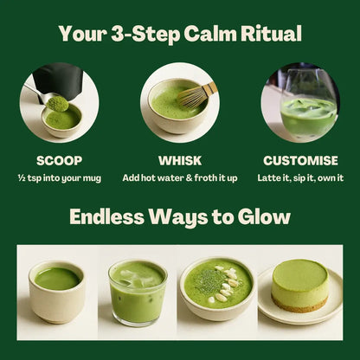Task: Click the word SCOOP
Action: coord(60,160)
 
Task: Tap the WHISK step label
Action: coord(179,160)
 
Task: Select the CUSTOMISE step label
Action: coord(300,160)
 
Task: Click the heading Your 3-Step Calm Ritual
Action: coord(180,35)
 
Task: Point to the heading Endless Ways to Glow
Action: coord(180,216)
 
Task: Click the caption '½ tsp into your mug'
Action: coord(60,177)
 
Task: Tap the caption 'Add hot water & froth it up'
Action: coord(179,177)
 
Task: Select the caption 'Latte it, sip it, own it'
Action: coord(300,177)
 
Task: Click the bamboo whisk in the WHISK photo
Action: coord(197,94)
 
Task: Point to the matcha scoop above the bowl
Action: coord(58,103)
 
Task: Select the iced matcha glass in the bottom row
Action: coord(138,292)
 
